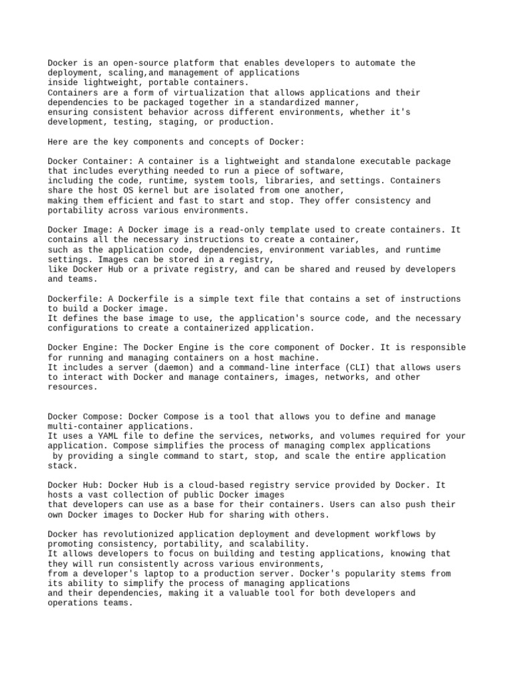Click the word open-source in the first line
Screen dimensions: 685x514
tap(116, 63)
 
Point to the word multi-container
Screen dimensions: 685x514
tap(86, 426)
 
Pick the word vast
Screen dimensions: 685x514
tap(96, 495)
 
